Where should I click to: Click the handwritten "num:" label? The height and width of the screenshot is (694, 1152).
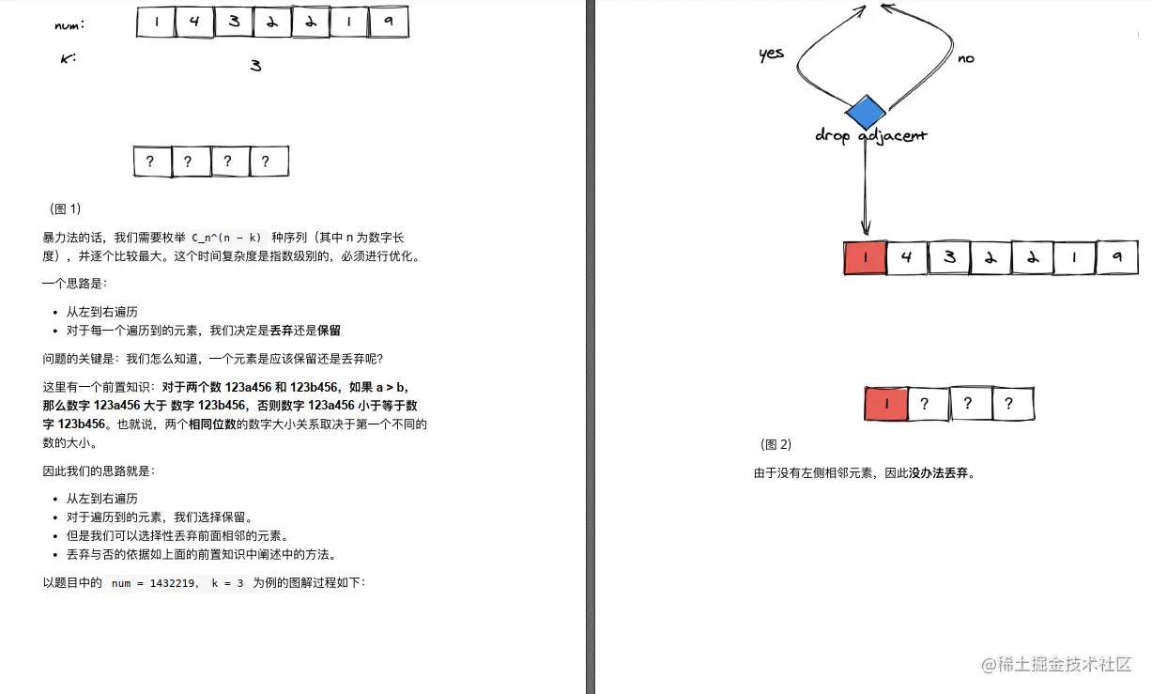pos(70,25)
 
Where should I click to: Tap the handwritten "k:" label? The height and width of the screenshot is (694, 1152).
pos(68,59)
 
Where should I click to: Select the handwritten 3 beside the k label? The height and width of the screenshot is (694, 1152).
pos(255,66)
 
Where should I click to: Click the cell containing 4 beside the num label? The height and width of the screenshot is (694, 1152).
pos(194,23)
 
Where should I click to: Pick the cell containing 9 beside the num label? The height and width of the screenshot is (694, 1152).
pos(388,23)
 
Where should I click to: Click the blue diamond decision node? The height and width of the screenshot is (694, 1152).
pos(865,114)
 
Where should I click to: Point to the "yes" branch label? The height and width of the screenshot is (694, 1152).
pos(771,54)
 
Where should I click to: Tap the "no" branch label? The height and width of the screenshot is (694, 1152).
pos(965,59)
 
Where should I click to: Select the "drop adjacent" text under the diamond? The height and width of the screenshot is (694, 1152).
pos(870,136)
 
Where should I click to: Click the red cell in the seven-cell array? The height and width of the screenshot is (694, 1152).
pos(866,257)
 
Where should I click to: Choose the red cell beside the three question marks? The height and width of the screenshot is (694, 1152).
pos(885,404)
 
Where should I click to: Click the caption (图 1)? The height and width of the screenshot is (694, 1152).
pos(66,208)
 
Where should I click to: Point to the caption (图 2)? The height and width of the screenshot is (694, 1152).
pos(776,444)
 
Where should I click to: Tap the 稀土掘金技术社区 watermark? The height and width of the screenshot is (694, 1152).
pos(1056,664)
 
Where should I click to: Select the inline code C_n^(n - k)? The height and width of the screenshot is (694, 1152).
pos(226,238)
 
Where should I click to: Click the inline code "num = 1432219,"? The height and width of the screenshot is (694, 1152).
pos(155,583)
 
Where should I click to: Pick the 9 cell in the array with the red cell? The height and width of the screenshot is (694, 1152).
pos(1116,257)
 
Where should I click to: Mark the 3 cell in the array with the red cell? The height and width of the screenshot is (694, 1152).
pos(949,257)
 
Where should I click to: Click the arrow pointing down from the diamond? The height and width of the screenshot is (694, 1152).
pos(865,188)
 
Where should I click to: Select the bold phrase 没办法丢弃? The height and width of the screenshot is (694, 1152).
pos(939,473)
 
